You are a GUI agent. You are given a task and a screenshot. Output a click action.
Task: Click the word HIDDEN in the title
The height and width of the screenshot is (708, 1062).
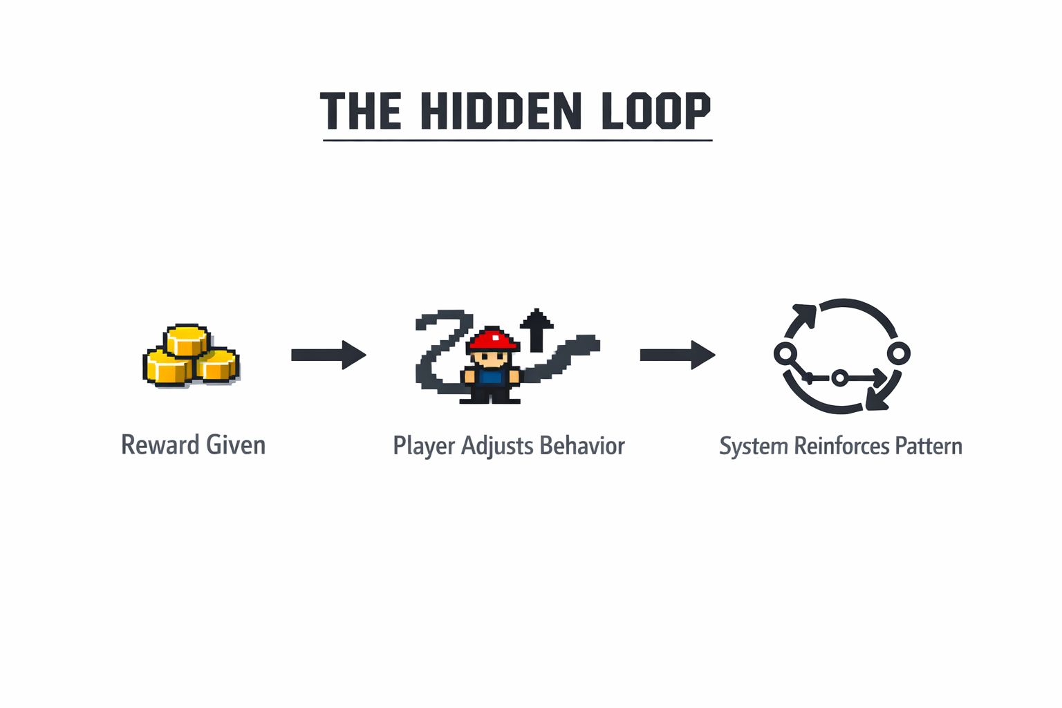pos(501,111)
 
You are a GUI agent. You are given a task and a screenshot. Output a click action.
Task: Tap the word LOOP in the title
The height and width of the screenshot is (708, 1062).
pos(655,111)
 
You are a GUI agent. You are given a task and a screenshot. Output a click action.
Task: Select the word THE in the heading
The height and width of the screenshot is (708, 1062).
pos(360,111)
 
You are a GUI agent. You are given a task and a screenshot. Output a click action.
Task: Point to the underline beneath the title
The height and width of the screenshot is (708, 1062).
pos(517,140)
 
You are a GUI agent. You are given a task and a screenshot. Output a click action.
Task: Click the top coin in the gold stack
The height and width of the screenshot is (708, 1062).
pos(187,339)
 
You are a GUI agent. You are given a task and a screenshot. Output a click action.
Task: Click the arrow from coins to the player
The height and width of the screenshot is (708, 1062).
pos(328,355)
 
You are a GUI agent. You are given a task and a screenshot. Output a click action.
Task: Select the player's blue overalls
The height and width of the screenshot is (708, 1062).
pos(491,378)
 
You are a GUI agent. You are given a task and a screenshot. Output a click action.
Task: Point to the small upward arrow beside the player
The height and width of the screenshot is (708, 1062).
pos(537,330)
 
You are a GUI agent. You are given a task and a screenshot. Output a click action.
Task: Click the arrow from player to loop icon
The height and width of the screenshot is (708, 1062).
pos(677,355)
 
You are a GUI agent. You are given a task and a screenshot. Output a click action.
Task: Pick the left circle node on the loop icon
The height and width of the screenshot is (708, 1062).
pos(785,354)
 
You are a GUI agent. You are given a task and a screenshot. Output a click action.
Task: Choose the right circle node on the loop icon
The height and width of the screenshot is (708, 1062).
pos(899,354)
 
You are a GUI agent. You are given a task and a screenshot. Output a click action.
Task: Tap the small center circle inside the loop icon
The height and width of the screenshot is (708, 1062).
pos(839,378)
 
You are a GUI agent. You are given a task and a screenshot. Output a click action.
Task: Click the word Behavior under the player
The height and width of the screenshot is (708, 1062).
pos(582,446)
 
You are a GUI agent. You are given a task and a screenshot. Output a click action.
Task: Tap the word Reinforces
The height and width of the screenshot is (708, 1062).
pos(841,446)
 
